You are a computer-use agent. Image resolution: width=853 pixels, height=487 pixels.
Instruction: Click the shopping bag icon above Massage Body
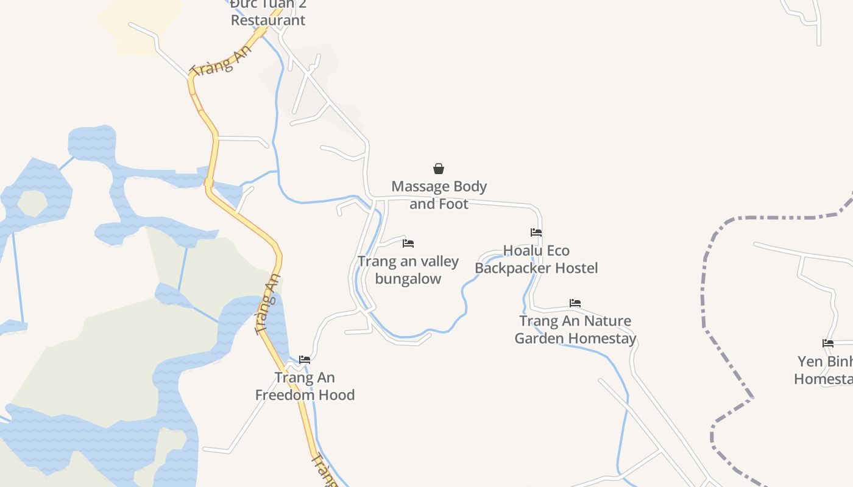[x=438, y=169]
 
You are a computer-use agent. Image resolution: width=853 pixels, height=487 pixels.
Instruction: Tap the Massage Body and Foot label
[x=439, y=195]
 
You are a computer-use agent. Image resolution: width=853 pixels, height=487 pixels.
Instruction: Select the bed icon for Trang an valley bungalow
[x=408, y=243]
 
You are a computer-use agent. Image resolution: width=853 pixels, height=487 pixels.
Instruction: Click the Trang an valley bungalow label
[x=408, y=270]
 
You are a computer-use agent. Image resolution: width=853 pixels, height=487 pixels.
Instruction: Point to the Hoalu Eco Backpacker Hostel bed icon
[x=536, y=233]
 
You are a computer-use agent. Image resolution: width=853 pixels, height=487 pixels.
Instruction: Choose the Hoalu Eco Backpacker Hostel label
[x=536, y=259]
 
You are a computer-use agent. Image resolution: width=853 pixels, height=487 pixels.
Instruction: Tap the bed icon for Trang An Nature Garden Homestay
[x=575, y=303]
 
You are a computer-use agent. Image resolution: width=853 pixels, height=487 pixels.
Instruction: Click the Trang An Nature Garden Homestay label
[x=575, y=329]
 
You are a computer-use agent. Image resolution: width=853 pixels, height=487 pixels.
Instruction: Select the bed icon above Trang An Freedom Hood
[x=305, y=360]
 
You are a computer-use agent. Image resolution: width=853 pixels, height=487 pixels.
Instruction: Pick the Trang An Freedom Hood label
[x=305, y=386]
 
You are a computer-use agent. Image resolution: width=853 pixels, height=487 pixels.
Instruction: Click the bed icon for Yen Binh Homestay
[x=827, y=343]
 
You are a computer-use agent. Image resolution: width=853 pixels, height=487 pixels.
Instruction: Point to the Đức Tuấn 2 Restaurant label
[x=268, y=12]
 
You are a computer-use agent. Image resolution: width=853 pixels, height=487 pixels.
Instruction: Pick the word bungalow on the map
[x=408, y=279]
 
